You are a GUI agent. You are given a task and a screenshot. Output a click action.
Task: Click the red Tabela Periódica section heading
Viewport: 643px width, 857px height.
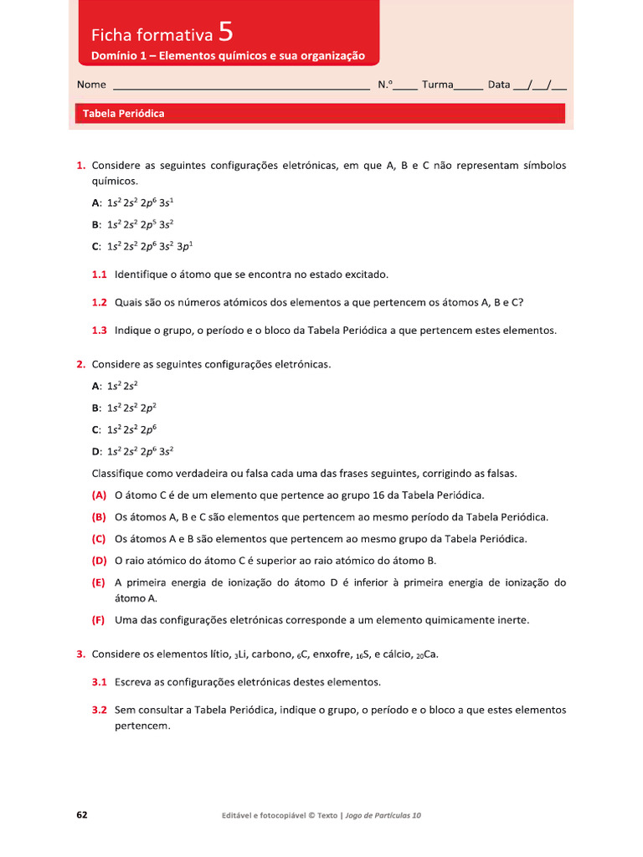(x=123, y=114)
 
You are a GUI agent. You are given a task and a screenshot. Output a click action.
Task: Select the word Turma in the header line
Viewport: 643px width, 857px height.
(x=437, y=85)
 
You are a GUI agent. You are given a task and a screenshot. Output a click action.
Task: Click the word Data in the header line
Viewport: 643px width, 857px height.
(x=499, y=85)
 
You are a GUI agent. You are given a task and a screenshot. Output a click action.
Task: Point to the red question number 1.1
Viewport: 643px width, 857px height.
(x=100, y=275)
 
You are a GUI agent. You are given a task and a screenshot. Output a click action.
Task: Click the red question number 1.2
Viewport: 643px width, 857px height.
(x=100, y=302)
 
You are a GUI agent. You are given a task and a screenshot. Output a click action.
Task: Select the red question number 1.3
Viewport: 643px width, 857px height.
(x=100, y=331)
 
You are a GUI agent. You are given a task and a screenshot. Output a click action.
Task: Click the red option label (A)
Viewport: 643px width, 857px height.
(x=99, y=495)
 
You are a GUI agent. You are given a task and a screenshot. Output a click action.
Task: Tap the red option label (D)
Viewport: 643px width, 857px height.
(x=99, y=561)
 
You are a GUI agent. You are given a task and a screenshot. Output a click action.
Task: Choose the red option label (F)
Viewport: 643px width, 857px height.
(x=99, y=620)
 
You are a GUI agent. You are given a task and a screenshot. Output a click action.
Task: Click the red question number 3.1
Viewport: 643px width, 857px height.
(x=100, y=682)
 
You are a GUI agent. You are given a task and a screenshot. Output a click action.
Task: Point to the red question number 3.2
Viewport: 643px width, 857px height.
(x=100, y=710)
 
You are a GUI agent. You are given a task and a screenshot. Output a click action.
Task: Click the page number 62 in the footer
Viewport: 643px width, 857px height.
(x=82, y=814)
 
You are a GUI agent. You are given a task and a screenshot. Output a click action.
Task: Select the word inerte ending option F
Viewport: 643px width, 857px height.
(x=512, y=620)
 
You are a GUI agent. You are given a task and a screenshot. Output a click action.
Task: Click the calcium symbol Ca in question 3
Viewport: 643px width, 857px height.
(x=430, y=654)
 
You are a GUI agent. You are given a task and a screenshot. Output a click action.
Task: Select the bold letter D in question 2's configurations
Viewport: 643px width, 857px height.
(x=95, y=451)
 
